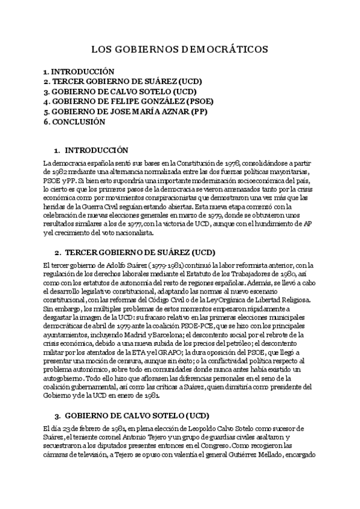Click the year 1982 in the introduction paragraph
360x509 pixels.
click(63, 172)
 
